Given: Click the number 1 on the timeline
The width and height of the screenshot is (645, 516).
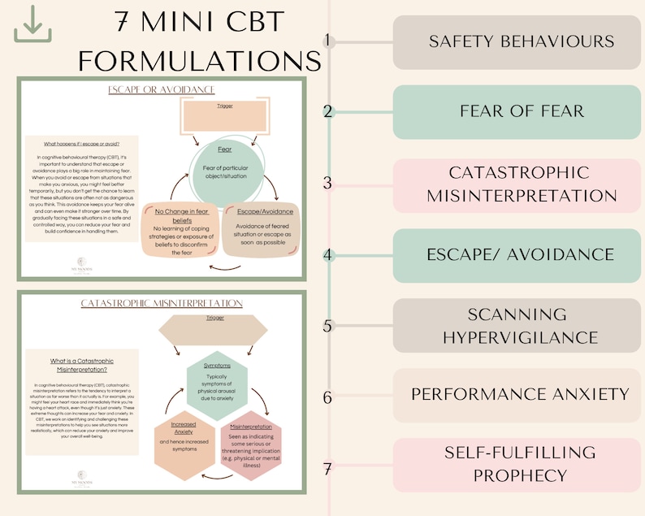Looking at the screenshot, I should point(328,41).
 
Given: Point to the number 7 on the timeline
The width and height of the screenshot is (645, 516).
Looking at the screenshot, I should point(328,469).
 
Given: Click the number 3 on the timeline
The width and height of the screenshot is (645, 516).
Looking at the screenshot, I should point(328,184).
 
